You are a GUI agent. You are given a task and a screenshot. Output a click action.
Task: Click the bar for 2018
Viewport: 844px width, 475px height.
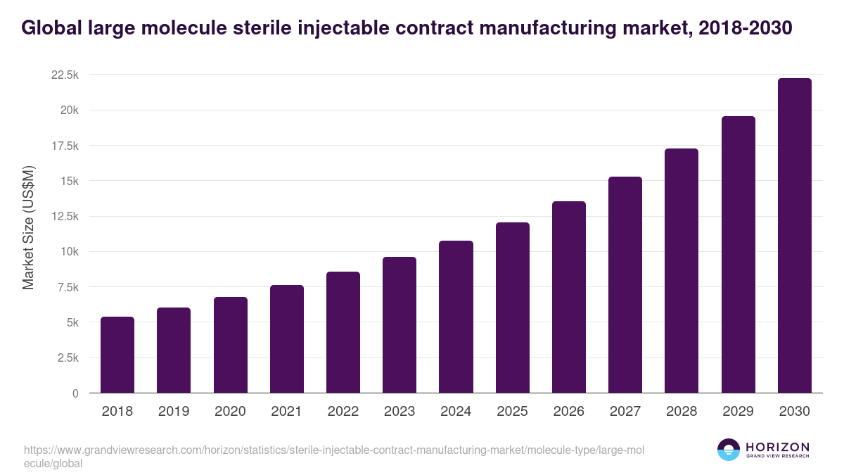click(x=117, y=355)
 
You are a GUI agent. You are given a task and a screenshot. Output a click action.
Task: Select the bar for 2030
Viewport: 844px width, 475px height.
click(x=794, y=236)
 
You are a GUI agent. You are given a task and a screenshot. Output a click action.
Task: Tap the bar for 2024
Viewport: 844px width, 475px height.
click(x=456, y=317)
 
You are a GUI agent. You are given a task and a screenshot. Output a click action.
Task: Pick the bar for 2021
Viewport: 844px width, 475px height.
click(x=286, y=339)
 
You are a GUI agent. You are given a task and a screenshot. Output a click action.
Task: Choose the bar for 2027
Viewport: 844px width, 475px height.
click(x=625, y=285)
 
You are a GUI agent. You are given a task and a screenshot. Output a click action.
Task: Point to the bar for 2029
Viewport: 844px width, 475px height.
click(x=738, y=255)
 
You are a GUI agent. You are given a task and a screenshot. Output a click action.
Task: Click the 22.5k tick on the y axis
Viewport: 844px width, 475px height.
click(x=65, y=75)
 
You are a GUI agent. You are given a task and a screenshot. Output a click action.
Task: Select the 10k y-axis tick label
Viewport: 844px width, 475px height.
click(x=69, y=252)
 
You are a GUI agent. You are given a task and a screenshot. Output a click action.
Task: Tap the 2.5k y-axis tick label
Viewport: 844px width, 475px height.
click(x=68, y=358)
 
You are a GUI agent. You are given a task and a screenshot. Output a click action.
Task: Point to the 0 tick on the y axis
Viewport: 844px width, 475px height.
click(x=75, y=393)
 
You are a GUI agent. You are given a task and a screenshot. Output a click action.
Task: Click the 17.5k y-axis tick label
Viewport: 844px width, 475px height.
click(x=65, y=146)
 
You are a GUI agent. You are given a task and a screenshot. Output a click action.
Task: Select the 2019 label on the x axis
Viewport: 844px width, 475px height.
click(x=174, y=412)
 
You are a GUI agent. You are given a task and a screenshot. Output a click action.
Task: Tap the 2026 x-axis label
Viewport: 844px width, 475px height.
click(x=568, y=412)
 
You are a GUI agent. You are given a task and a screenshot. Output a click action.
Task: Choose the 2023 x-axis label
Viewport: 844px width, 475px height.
click(x=399, y=412)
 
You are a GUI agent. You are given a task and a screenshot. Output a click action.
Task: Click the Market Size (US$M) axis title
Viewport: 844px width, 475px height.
click(x=28, y=227)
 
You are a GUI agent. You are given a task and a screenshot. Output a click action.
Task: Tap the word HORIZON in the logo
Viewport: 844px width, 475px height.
click(x=777, y=447)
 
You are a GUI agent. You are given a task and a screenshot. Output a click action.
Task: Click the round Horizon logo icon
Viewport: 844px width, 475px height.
click(x=728, y=450)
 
